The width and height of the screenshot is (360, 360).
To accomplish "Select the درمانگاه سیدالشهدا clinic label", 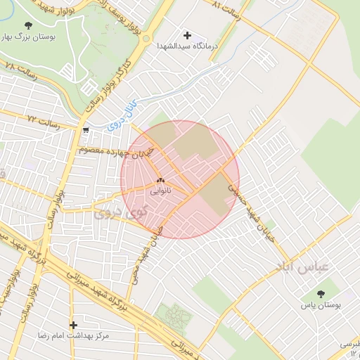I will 188,46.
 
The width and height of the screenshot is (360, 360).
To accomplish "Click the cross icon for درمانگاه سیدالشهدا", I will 188,34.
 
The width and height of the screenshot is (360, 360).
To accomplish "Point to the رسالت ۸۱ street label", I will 226,11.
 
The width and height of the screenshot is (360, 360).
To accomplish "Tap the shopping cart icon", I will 85,130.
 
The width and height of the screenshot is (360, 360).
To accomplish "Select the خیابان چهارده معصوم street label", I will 110,150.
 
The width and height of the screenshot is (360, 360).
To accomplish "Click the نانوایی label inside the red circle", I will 160,191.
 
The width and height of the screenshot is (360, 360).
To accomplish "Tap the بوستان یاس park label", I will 321,305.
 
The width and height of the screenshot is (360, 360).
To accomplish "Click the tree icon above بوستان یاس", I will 321,294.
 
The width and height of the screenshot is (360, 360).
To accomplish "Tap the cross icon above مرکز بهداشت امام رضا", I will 73,325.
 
